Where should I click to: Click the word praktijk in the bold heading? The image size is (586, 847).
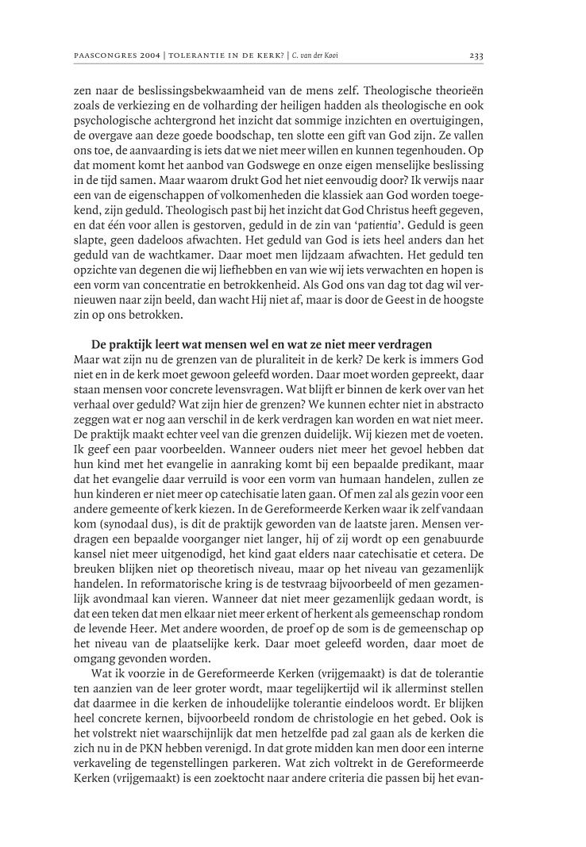point(129,344)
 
